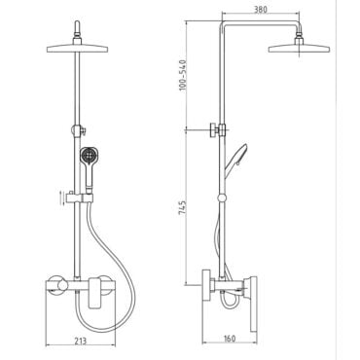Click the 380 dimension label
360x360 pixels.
[x=261, y=10]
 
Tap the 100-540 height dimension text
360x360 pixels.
[x=184, y=75]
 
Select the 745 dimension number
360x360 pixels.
[x=183, y=207]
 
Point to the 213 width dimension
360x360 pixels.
[x=80, y=341]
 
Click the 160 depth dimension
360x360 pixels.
[x=230, y=339]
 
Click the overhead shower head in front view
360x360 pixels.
[x=77, y=49]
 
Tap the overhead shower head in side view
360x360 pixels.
[x=299, y=49]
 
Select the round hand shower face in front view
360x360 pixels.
[x=89, y=156]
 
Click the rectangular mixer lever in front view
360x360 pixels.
[x=95, y=292]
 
